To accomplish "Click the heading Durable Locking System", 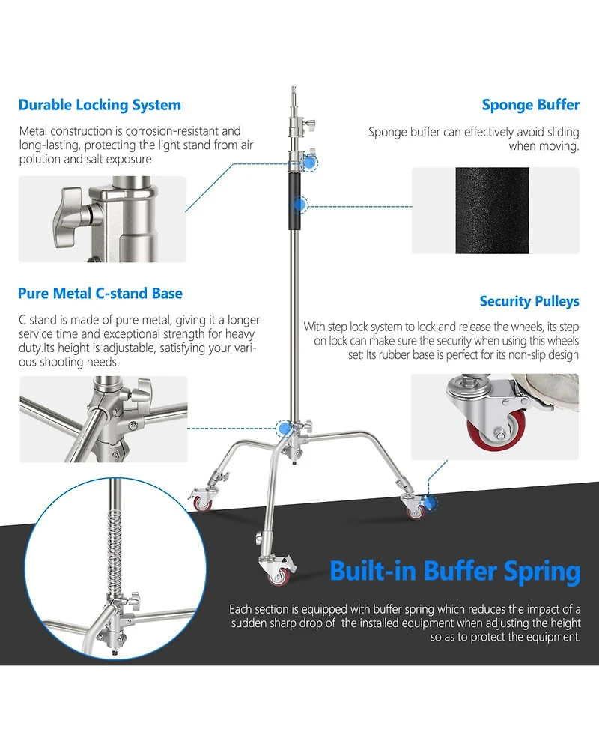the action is coord(100,105).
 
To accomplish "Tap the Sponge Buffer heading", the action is coord(530,105).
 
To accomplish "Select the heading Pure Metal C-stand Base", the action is coord(100,294).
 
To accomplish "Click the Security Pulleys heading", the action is coord(529,302).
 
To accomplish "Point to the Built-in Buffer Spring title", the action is coord(454,572).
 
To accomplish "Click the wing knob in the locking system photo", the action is coord(70,217).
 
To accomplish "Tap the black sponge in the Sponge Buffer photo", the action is coord(492,211).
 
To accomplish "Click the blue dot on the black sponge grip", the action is coord(299,205).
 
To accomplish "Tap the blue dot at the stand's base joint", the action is coord(283,428).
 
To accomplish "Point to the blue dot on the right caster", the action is coord(429,503).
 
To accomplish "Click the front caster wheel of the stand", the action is coord(279,576).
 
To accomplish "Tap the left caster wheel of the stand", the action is coord(203,503).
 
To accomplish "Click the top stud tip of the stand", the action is coord(294,88).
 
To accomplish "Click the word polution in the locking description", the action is coord(40,160).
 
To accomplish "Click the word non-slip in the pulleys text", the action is coord(523,355).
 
